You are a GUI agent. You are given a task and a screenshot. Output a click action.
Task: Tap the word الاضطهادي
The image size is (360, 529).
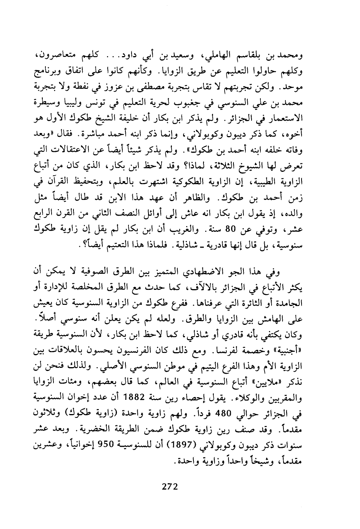[213, 272]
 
